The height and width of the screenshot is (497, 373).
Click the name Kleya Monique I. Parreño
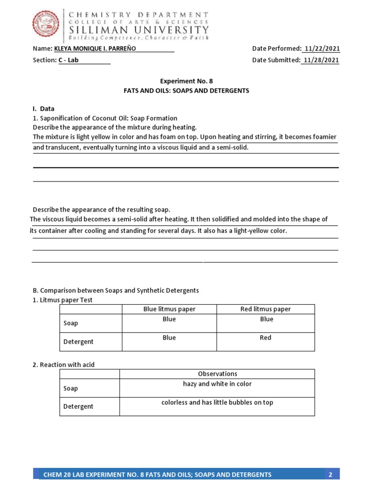pos(95,49)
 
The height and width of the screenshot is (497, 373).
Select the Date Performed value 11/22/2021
pos(321,49)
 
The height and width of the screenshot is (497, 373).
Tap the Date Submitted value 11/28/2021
pos(321,60)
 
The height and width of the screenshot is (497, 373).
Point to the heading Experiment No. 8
pos(186,81)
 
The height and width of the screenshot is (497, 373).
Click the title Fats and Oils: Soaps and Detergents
pos(186,91)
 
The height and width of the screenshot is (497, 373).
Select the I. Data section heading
pos(44,109)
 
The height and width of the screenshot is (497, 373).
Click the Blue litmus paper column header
pos(169,309)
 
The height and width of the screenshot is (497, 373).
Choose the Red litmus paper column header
pos(266,309)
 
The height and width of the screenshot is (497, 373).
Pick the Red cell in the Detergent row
pos(266,338)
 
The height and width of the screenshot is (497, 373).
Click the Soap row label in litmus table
pos(71,323)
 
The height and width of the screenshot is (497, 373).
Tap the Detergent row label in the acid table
pos(79,407)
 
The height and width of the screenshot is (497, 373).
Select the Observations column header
pos(218,374)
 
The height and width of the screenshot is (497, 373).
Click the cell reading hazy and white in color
pos(218,384)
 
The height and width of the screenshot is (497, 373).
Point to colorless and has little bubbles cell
pos(218,402)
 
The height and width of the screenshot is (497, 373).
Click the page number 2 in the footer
pos(330,475)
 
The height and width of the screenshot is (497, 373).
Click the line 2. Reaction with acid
pos(67,364)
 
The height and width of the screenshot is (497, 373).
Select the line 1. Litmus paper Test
pos(62,300)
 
